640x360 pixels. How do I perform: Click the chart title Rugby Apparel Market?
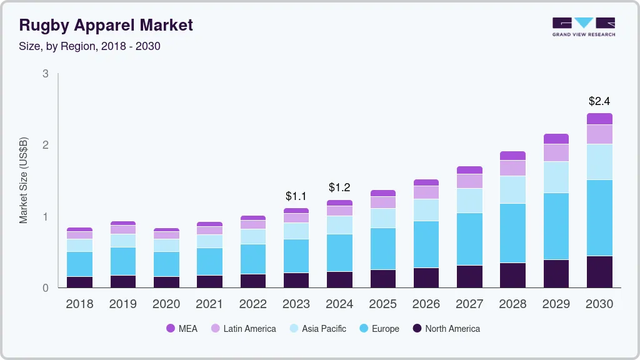click(x=106, y=25)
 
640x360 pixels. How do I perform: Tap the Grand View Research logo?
click(x=583, y=27)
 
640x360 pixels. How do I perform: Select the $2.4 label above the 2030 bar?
click(x=599, y=101)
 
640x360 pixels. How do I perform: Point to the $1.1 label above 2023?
click(x=296, y=196)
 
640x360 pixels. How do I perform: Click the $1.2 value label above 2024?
click(x=339, y=187)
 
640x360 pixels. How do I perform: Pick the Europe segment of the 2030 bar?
click(x=599, y=217)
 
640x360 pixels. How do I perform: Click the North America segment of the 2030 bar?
click(x=599, y=272)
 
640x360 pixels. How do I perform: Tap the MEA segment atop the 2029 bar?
click(x=556, y=139)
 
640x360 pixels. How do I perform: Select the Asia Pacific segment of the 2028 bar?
click(x=512, y=189)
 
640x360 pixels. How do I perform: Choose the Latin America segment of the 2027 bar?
click(x=469, y=181)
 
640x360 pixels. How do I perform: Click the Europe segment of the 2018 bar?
click(x=79, y=264)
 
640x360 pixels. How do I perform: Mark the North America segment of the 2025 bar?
click(x=382, y=279)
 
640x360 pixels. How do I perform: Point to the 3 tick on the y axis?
click(x=46, y=74)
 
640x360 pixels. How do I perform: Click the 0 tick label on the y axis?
click(x=46, y=288)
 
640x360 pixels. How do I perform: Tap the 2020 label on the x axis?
click(x=166, y=304)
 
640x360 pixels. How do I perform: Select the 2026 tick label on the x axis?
click(x=426, y=304)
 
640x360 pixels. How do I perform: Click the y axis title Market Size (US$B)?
click(x=24, y=181)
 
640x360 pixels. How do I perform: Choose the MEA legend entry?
click(x=181, y=329)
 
